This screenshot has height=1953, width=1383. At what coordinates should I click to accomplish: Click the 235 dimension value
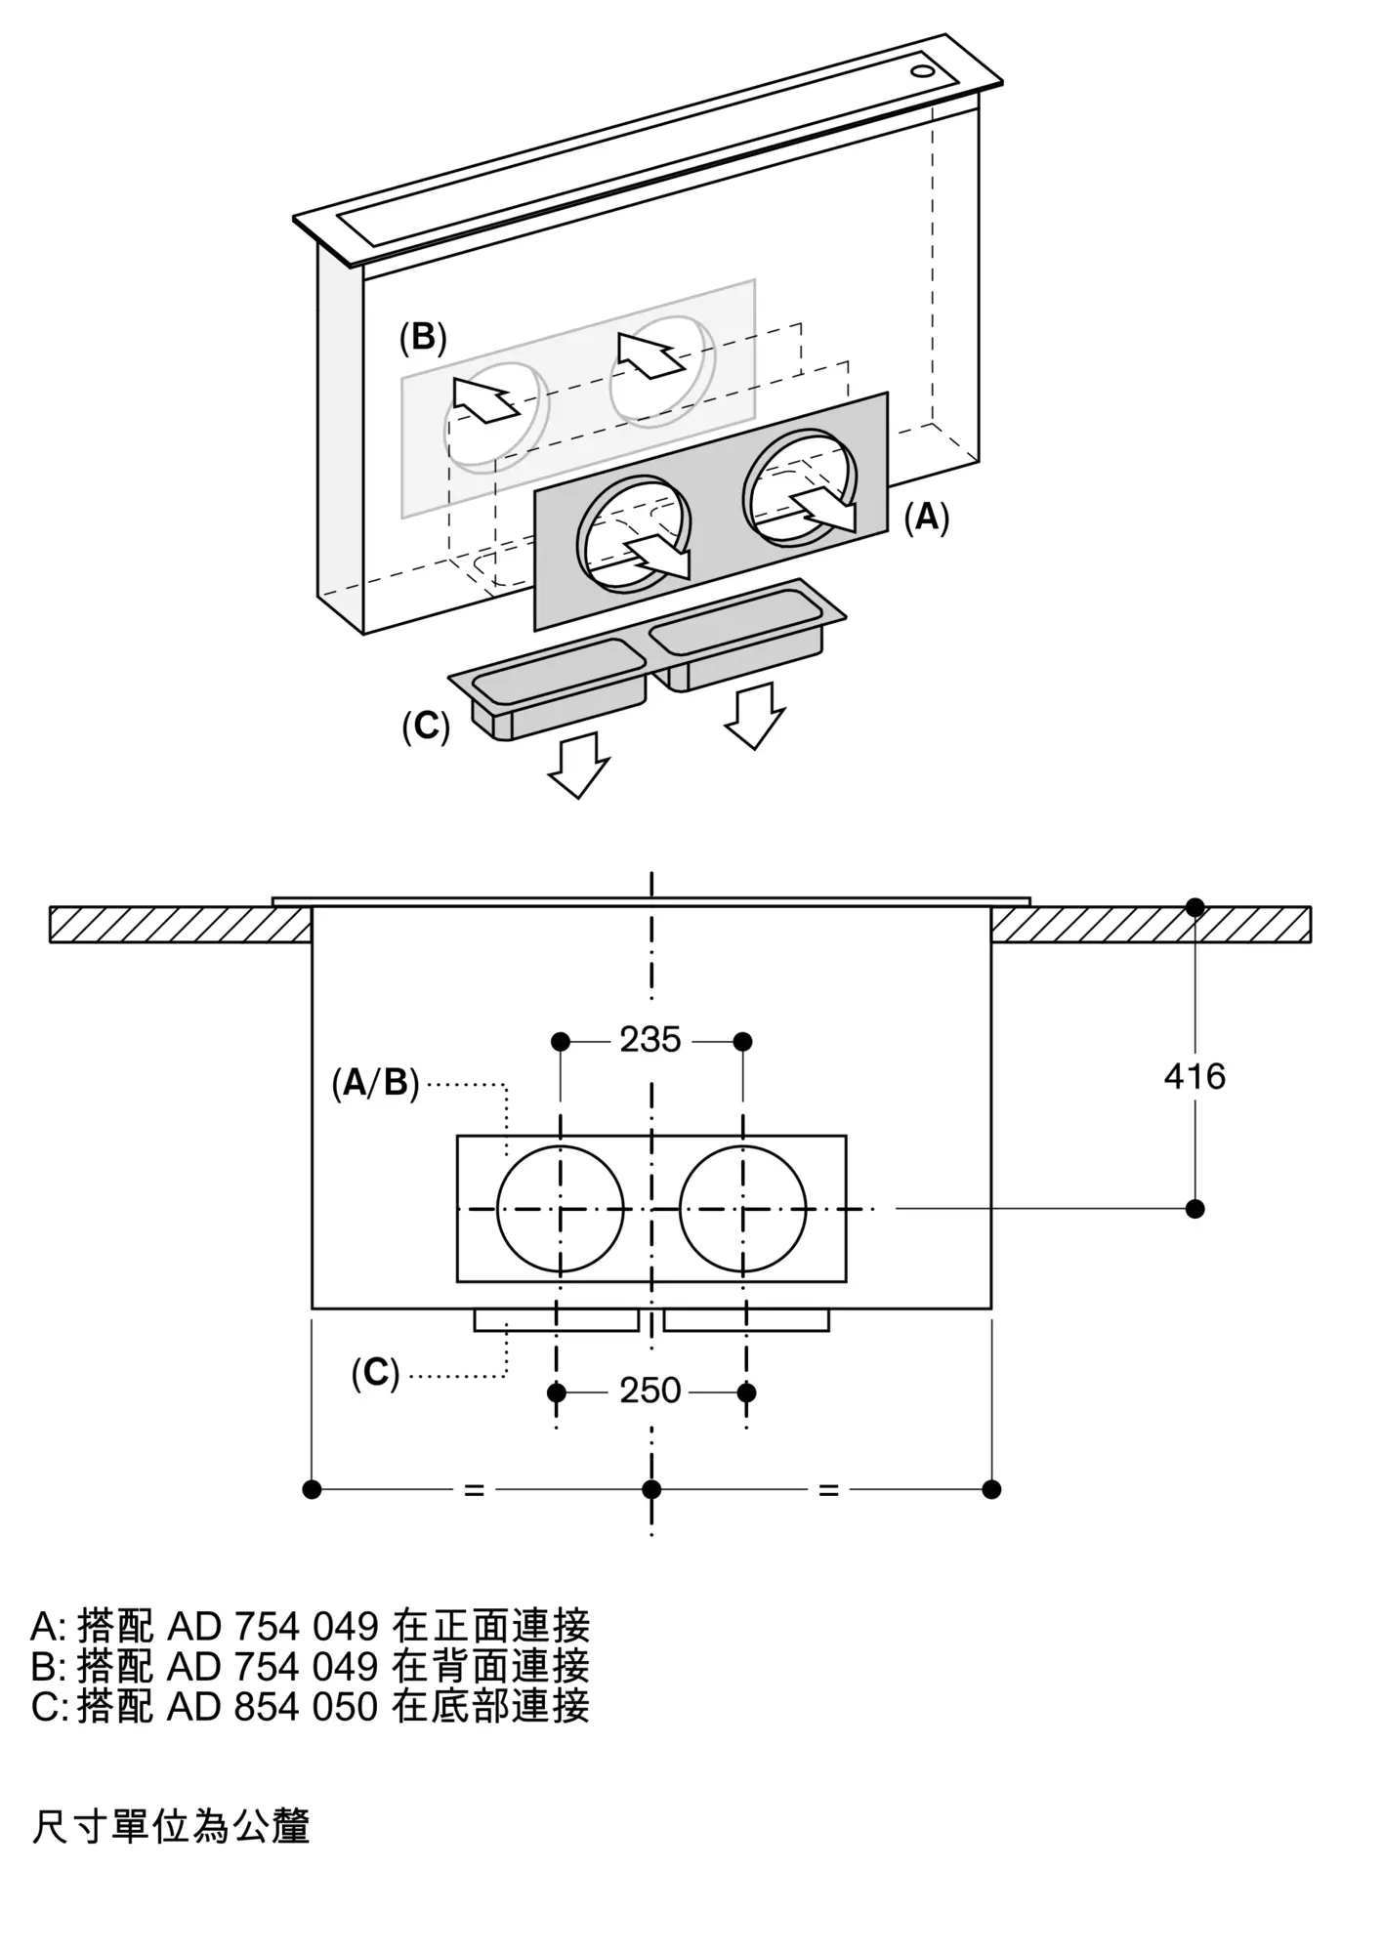click(650, 1040)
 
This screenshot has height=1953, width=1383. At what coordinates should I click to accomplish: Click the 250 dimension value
click(650, 1390)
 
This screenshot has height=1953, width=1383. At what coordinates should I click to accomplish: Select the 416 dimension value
click(1194, 1076)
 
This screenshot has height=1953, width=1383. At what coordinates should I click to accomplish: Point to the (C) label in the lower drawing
click(375, 1374)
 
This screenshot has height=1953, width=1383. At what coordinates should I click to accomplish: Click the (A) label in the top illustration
click(926, 517)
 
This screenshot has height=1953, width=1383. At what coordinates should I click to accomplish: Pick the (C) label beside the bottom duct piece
click(426, 727)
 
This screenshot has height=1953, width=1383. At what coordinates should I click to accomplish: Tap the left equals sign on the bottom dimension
click(474, 1490)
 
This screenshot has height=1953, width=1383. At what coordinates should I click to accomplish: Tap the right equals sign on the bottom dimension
click(828, 1490)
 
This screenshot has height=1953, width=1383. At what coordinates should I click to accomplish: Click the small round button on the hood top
click(922, 71)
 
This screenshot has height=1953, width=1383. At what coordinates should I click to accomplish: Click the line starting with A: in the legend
click(311, 1626)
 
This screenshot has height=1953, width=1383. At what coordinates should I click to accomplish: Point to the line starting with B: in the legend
click(311, 1666)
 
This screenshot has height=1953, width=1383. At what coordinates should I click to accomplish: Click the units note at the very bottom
click(171, 1826)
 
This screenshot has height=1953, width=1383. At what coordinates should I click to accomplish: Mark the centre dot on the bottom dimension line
click(651, 1489)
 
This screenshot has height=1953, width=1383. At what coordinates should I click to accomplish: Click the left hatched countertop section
click(181, 925)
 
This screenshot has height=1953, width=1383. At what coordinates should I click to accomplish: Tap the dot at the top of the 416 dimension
click(1194, 907)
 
